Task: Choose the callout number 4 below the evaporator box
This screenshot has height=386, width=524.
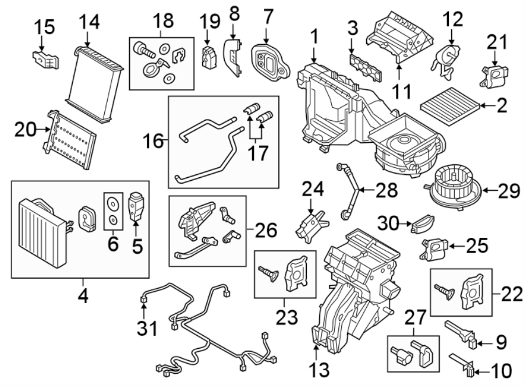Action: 83,296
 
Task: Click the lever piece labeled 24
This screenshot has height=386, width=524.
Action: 312,226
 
